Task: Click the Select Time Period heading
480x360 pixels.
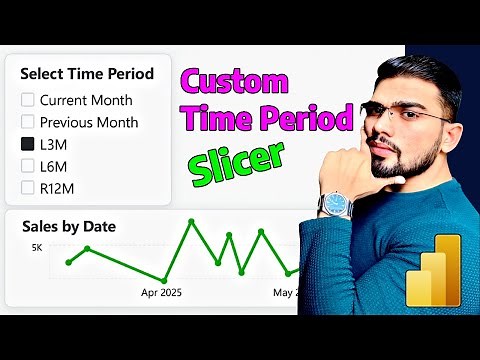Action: point(87,73)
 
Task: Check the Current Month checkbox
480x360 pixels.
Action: point(28,100)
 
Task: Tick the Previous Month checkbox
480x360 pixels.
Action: point(28,122)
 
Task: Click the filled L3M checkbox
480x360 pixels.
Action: point(28,144)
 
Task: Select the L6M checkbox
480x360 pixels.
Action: point(28,166)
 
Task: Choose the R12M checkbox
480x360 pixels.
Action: point(28,187)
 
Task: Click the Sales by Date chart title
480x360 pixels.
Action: point(69,226)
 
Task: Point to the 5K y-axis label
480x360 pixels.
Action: point(37,246)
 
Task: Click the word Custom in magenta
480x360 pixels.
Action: point(237,83)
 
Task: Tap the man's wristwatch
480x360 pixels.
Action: point(335,203)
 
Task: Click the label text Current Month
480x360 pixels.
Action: point(87,100)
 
